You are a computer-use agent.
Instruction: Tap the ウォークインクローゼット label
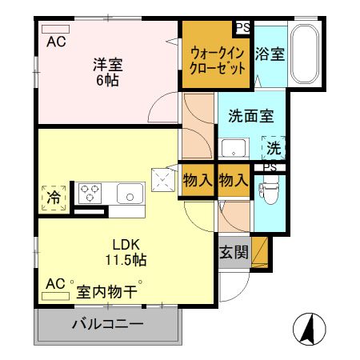pos(218,61)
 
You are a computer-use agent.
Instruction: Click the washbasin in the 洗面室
pos(234,148)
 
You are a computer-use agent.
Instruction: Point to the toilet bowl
pos(269,192)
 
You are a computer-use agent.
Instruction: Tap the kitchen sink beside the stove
pos(129,193)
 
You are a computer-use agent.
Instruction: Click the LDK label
pos(125,245)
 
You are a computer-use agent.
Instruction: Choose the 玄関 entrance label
pos(234,253)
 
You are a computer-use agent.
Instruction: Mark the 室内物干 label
pos(107,290)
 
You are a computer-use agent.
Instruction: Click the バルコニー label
pos(106,326)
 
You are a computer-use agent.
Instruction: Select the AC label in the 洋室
pos(56,42)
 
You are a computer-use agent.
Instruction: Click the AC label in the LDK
pos(54,284)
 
